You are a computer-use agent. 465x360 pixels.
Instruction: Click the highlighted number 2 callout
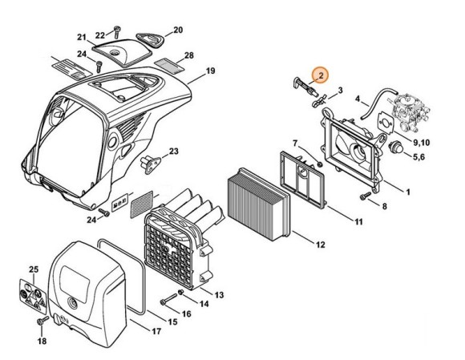(x=321, y=75)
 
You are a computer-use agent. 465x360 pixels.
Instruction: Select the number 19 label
(x=210, y=71)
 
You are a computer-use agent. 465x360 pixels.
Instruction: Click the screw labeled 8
(x=366, y=196)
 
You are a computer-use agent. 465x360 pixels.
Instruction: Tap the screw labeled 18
(x=42, y=320)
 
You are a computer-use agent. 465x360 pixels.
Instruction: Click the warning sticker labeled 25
(x=33, y=297)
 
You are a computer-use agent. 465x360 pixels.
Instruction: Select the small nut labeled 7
(x=320, y=164)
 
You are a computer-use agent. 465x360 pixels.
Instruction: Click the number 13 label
(x=219, y=295)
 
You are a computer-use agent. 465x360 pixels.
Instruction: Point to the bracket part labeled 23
(x=151, y=164)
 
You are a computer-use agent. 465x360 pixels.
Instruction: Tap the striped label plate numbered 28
(x=170, y=66)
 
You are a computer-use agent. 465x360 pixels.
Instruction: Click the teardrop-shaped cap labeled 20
(x=151, y=39)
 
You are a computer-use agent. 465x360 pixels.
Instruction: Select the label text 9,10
(x=422, y=143)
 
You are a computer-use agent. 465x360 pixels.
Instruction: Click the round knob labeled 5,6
(x=396, y=147)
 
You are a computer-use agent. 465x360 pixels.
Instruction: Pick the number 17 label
(x=156, y=331)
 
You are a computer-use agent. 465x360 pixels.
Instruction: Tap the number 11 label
(x=359, y=221)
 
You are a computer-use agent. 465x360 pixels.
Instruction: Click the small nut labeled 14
(x=180, y=292)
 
